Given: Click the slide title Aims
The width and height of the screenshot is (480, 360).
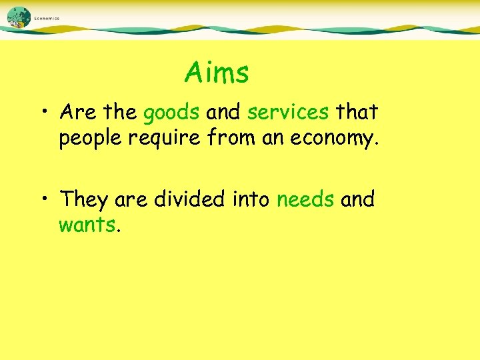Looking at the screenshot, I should tap(217, 73).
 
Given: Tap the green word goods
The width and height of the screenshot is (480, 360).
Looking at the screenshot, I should tap(171, 113).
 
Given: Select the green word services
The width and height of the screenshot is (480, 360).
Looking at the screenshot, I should tap(288, 112).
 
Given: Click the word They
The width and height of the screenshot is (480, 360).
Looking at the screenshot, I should tap(84, 199).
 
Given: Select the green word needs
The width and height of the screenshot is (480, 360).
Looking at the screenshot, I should tap(305, 199).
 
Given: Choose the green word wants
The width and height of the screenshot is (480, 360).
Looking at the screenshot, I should tap(87, 225).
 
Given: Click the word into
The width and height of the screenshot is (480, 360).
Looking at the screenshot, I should tap(255, 198).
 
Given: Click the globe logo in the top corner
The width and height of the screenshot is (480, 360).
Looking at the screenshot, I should tap(19, 17).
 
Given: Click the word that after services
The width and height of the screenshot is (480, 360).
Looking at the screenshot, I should tap(357, 112).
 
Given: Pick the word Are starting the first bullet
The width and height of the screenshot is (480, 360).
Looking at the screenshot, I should tap(77, 112).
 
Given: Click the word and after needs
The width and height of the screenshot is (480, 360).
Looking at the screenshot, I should tap(357, 198).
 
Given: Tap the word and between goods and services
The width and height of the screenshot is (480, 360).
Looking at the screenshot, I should tap(223, 112).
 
